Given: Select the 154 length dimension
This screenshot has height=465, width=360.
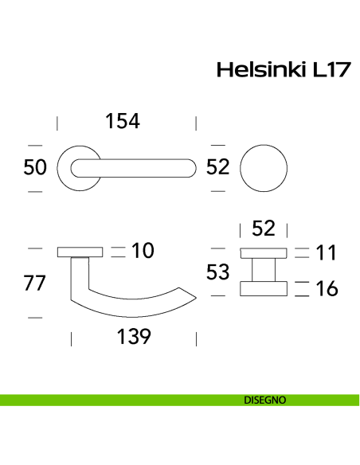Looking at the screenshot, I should click(x=123, y=121).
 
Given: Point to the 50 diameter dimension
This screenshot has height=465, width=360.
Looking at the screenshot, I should click(x=35, y=168).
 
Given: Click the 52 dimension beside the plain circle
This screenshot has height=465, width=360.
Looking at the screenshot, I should click(x=218, y=168).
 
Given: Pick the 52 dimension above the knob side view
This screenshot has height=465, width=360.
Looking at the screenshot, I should click(x=263, y=229).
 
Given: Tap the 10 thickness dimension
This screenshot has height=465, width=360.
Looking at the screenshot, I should click(x=142, y=252).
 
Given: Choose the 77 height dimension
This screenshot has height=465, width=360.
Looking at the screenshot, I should click(x=35, y=283).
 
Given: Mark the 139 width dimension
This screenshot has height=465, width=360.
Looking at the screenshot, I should click(x=133, y=338).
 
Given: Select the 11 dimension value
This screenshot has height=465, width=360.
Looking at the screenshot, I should click(x=326, y=254).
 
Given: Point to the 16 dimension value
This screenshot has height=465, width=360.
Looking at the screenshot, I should click(x=326, y=288).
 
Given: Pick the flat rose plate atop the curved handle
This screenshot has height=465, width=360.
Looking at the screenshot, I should click(x=80, y=252).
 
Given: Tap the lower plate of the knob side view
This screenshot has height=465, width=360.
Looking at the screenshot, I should click(x=263, y=288).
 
